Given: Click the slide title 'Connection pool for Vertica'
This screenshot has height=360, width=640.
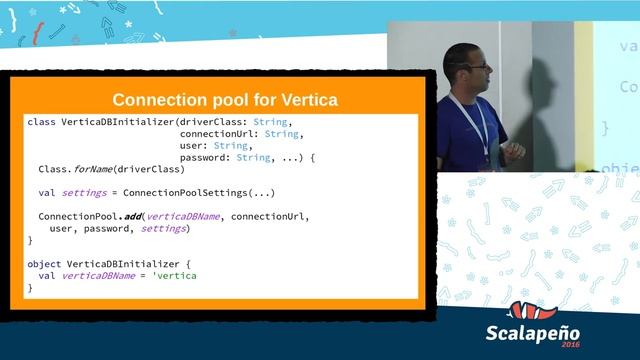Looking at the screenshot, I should [225, 100].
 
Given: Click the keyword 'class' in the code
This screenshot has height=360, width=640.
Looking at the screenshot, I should [41, 122].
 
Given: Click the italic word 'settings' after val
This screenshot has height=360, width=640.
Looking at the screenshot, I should [84, 193].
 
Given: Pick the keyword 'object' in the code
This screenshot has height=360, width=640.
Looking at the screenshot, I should [44, 264].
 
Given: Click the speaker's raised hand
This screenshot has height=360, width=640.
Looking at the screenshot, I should [514, 150].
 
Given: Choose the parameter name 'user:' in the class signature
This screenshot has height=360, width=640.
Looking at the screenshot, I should [194, 145].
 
